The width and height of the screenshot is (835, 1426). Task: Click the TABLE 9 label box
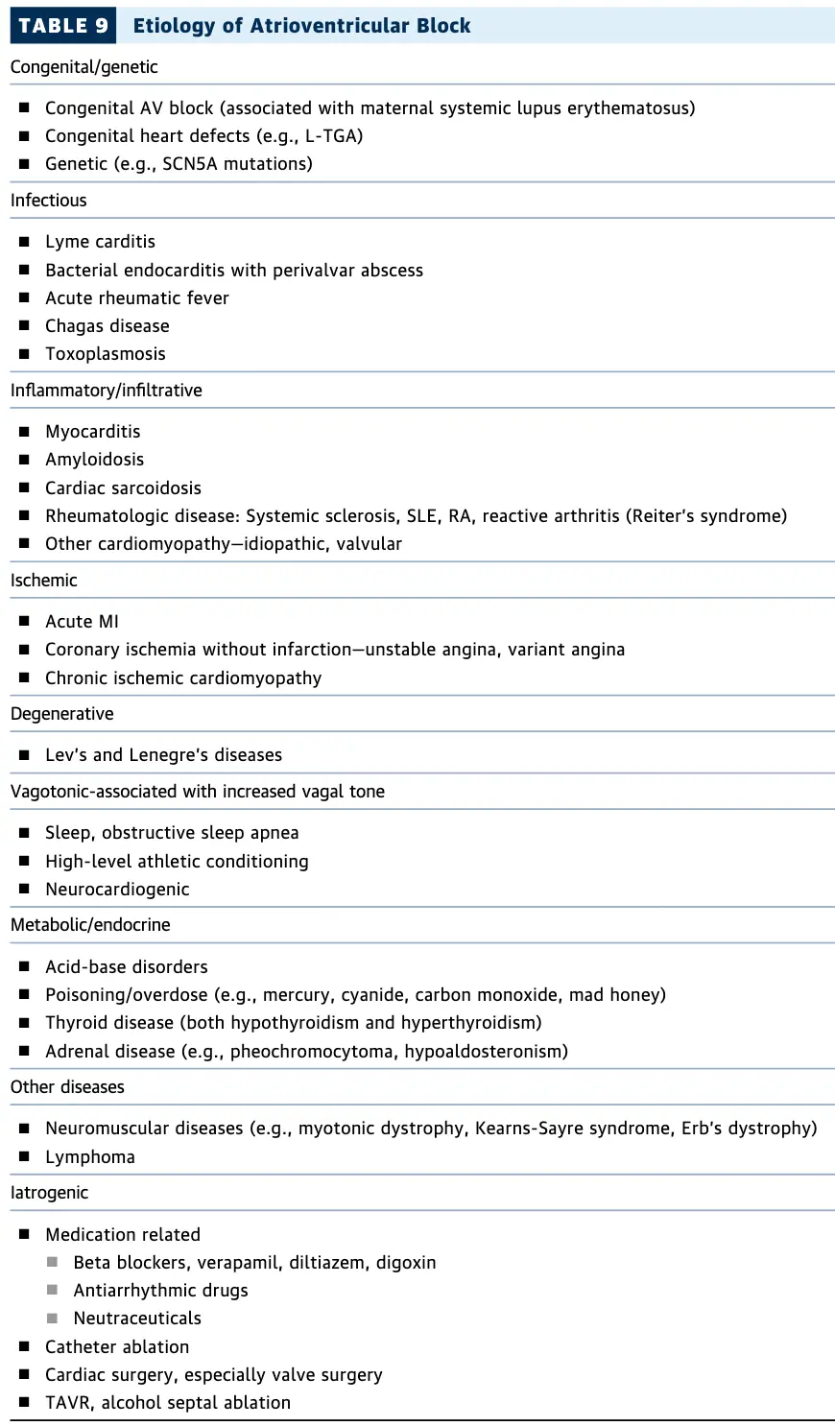[62, 26]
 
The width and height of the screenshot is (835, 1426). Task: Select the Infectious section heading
[48, 201]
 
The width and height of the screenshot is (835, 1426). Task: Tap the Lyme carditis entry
[100, 242]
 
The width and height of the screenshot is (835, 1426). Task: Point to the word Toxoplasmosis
[106, 354]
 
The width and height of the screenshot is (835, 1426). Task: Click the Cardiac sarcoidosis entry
[123, 488]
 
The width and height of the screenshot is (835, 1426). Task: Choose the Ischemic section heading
[44, 581]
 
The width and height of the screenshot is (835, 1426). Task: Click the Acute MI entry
[82, 622]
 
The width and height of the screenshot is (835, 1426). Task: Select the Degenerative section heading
[61, 714]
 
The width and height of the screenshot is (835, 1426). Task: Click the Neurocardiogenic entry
[117, 890]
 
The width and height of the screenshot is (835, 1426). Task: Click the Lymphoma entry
[90, 1157]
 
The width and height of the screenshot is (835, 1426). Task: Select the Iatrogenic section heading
[49, 1193]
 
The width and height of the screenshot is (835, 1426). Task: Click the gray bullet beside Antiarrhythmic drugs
[53, 1291]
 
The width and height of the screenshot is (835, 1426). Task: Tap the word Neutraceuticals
[137, 1319]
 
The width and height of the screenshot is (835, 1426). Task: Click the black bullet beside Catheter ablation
[24, 1347]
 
